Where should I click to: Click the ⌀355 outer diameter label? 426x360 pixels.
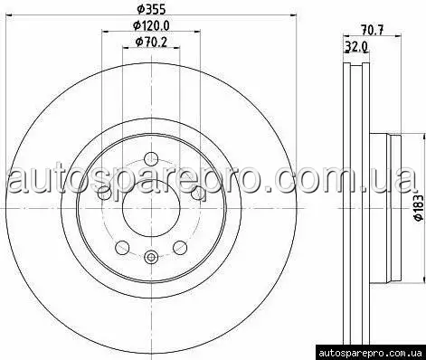pos(151,9)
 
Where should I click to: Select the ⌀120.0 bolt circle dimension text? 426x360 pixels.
pos(151,26)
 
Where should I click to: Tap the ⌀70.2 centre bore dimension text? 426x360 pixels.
pos(151,42)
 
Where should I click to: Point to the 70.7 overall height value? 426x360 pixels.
pos(373,30)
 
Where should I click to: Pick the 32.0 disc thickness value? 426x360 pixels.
pos(355,47)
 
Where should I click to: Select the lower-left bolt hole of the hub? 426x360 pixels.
pos(122,247)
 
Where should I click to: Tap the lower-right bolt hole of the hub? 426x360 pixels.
pos(180,247)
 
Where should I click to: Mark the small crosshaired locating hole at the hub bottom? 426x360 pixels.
pos(151,257)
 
